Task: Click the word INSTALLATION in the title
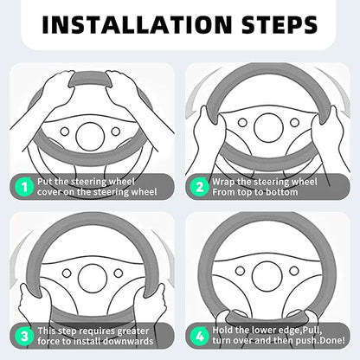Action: (137, 24)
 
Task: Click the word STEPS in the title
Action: (280, 24)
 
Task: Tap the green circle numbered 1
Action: (25, 187)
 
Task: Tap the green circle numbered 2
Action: (199, 187)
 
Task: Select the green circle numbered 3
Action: (25, 336)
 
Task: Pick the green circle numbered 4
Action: (199, 336)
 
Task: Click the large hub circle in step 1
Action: (90, 137)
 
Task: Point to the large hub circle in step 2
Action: (268, 127)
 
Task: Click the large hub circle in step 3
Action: (93, 279)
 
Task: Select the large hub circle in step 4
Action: (267, 277)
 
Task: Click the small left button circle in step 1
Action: (65, 132)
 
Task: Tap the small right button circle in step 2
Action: (294, 123)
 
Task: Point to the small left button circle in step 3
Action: (67, 273)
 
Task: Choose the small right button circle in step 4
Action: (294, 271)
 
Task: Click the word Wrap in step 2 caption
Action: (223, 183)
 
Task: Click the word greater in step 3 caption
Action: (133, 331)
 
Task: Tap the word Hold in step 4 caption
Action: (222, 330)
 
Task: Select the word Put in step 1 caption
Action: (45, 182)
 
